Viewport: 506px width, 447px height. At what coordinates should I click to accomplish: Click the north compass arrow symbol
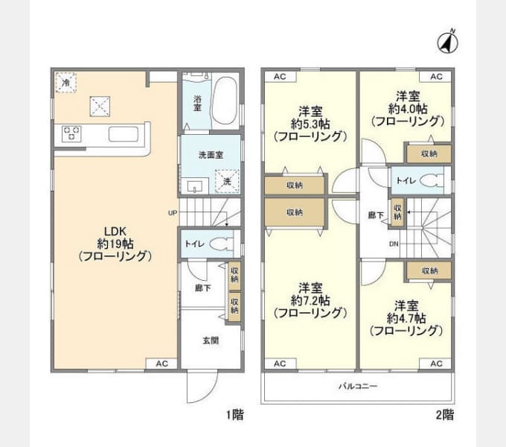coord(448,42)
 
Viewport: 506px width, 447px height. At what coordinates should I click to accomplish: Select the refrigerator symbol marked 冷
coord(67,82)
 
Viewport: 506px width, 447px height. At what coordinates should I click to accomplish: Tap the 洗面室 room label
coord(210,156)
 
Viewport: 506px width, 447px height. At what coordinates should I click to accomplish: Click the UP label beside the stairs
coord(173,212)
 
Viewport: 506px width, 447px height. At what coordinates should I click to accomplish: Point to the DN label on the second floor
coord(393,244)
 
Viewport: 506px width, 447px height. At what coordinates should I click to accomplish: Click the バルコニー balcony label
coord(358,387)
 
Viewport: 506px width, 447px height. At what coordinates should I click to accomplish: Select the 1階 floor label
coord(234,415)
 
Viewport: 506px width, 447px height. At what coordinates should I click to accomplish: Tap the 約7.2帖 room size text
coord(310,300)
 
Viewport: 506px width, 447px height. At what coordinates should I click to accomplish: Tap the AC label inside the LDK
coord(161,364)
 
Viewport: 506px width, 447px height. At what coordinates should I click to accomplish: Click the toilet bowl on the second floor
coord(430,180)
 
